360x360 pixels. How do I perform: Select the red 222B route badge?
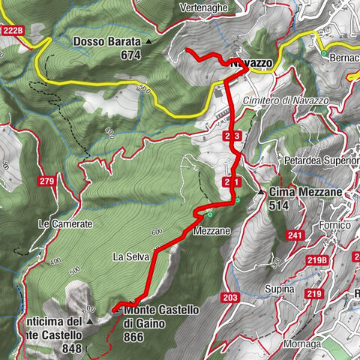[13, 30]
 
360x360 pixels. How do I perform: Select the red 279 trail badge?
[46, 181]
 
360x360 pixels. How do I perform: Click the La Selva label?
[130, 256]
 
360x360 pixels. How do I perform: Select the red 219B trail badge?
[317, 260]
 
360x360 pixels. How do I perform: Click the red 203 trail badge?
[229, 298]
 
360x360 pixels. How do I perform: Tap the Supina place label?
[278, 288]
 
